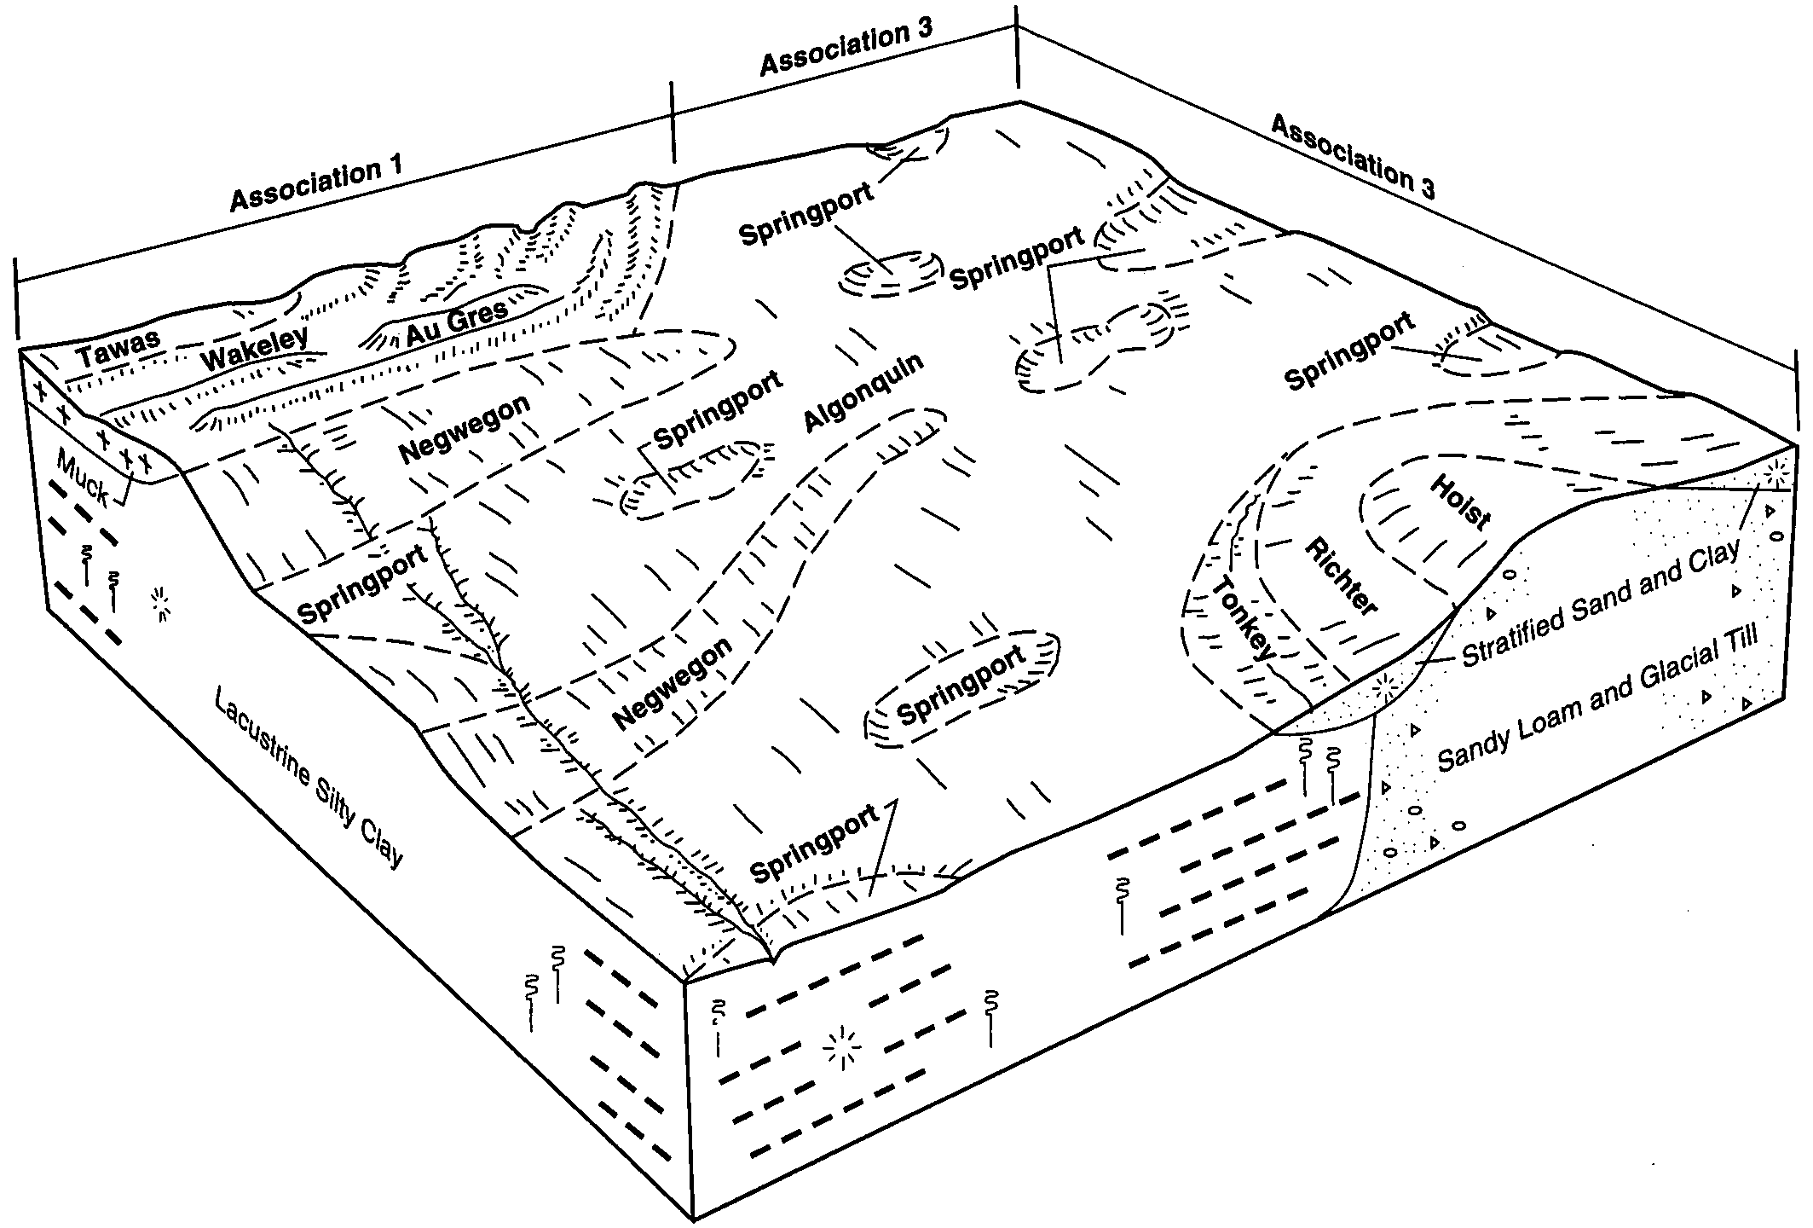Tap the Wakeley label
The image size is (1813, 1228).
coord(254,347)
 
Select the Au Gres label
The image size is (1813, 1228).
coord(456,319)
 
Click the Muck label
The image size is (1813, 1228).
coord(83,478)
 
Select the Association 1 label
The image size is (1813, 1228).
coord(316,184)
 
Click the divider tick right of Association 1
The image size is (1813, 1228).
coord(673,121)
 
